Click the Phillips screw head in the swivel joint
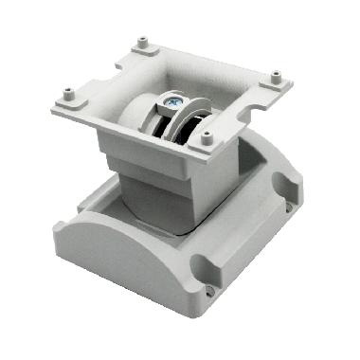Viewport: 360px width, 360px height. [174, 102]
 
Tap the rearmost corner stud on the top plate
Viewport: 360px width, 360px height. [143, 42]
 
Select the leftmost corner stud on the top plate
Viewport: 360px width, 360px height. [68, 94]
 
